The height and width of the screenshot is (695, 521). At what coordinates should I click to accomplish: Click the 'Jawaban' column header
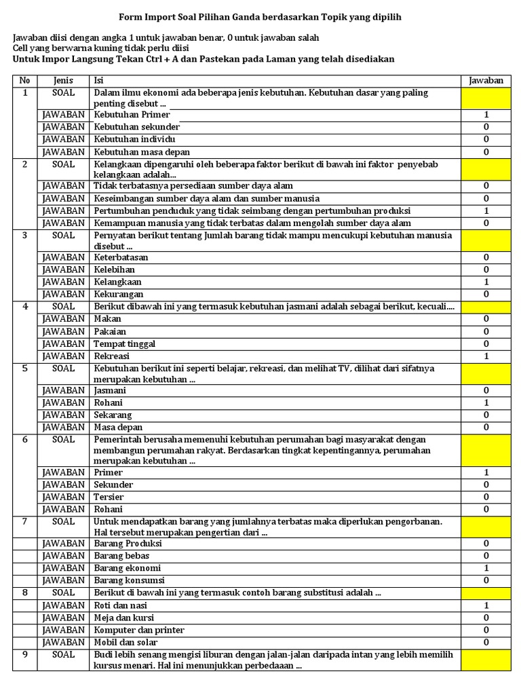486,81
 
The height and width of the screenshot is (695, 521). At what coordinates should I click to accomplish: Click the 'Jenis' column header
63,81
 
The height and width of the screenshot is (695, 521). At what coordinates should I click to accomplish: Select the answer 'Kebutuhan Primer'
132,115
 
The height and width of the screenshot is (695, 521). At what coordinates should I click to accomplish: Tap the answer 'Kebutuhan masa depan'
142,152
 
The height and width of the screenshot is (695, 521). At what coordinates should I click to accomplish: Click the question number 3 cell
25,236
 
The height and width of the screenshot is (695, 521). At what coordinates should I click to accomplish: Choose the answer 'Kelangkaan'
118,282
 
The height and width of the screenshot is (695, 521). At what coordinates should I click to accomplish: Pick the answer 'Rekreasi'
112,356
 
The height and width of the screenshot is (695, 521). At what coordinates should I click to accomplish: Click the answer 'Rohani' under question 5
109,402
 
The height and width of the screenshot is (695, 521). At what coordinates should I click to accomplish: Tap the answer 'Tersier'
109,497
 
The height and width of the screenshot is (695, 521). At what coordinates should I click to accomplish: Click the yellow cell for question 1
486,98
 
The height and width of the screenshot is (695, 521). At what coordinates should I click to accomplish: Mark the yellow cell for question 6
486,450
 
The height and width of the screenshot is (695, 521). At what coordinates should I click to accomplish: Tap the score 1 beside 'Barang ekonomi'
486,568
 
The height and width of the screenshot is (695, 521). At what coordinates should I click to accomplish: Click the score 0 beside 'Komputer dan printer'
486,630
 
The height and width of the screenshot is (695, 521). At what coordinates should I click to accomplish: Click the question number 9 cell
25,654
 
